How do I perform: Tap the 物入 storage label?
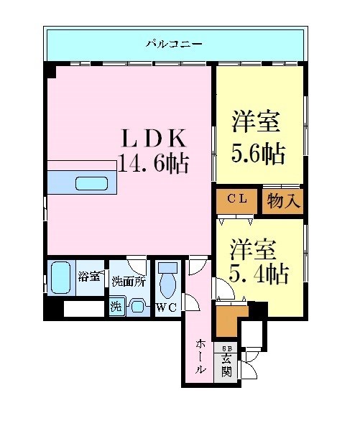(283, 200)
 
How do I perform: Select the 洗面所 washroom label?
(129, 281)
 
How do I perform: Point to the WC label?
(167, 309)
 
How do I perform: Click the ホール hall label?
(199, 357)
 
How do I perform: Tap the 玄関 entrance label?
(226, 366)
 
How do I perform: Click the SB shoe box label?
(226, 348)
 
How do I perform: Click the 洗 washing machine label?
(116, 305)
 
